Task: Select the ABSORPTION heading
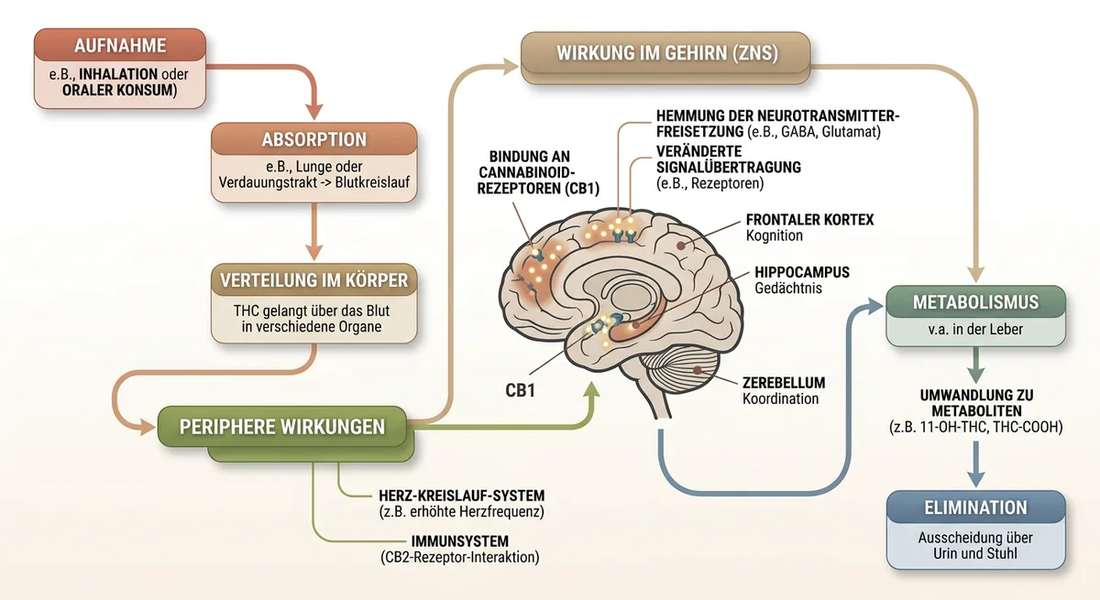(314, 140)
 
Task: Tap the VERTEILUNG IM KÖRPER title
(314, 279)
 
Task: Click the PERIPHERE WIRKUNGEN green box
(281, 427)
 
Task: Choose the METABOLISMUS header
(975, 302)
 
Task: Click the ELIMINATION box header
(975, 507)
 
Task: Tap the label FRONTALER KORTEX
(809, 220)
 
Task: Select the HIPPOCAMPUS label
(802, 272)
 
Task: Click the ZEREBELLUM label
(784, 383)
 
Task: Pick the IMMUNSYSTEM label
(460, 540)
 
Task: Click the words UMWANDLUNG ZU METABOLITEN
(975, 402)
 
